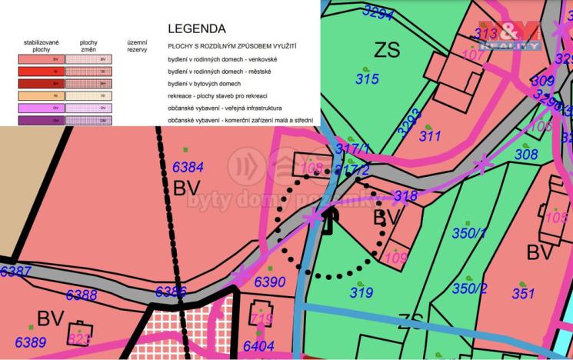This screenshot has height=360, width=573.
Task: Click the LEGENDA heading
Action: click(x=197, y=28)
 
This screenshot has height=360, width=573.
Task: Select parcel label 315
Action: click(x=367, y=78)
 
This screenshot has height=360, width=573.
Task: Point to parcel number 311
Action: click(x=429, y=136)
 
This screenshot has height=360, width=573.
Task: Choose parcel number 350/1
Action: click(x=470, y=233)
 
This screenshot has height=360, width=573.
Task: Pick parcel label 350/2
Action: click(x=469, y=288)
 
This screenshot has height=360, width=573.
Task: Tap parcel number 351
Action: click(x=523, y=293)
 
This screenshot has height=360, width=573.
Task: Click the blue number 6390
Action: click(x=270, y=282)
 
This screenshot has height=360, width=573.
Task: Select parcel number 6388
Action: click(x=82, y=295)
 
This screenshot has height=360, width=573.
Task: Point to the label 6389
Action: click(x=31, y=342)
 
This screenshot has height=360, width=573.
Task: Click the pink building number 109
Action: click(x=395, y=258)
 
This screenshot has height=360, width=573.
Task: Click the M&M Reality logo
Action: click(x=508, y=35)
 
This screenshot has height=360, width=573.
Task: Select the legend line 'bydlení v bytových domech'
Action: click(x=203, y=83)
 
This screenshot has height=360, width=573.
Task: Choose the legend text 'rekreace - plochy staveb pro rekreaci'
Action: click(x=218, y=95)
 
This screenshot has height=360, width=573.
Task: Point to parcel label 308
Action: click(x=526, y=155)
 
